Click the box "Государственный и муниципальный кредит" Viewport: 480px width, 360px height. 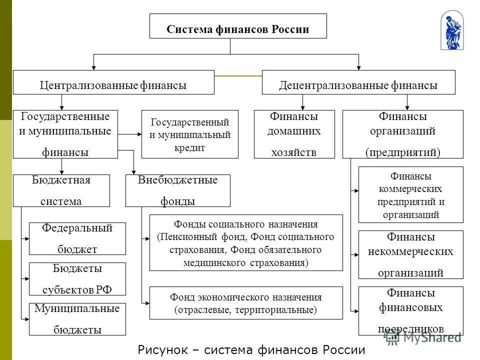click(190, 134)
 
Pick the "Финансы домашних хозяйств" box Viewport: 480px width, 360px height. click(294, 134)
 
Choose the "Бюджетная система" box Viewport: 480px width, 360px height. click(61, 190)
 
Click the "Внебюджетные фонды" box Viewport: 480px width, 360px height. click(177, 190)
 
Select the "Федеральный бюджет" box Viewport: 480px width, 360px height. click(77, 238)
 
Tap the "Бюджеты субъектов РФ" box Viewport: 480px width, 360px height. click(77, 279)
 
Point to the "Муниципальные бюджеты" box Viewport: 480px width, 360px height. click(77, 319)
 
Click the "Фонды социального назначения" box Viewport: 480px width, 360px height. click(246, 242)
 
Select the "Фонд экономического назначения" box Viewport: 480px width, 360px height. click(246, 303)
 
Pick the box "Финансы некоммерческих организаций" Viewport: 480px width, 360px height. click(410, 254)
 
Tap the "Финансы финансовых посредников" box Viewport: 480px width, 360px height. click(410, 310)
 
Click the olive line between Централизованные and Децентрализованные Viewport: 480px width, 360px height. click(238, 76)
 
